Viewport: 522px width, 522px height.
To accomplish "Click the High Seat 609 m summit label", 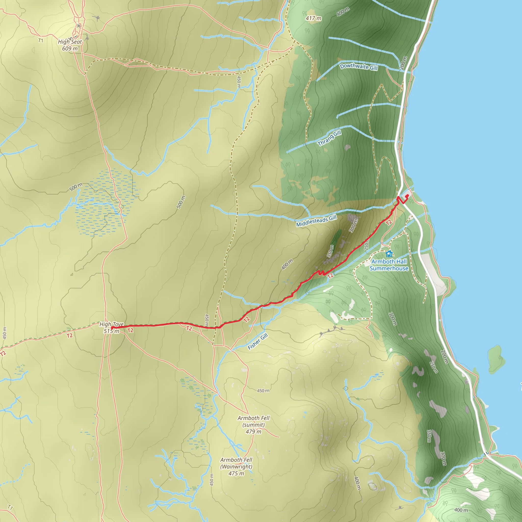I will coord(70,45).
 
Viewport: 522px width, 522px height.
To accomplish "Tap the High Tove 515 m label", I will coord(111,328).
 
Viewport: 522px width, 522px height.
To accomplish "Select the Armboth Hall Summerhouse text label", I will coord(389,265).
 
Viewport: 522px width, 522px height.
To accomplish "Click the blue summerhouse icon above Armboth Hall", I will coord(389,254).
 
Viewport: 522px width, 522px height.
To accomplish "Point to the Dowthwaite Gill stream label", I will coord(359,67).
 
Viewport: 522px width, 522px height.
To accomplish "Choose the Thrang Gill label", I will coord(329,138).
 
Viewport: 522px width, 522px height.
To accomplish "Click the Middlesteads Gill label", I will coord(316,221).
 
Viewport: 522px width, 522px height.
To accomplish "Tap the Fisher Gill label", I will coord(258,341).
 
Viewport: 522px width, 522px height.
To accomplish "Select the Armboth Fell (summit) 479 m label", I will coord(253,424).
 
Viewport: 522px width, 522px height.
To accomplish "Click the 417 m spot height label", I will coord(314,18).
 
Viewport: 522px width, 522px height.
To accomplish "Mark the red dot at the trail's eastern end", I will coord(407,195).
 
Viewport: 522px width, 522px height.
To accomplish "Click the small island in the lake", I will coord(496,359).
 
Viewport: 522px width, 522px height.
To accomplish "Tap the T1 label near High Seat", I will coord(41,41).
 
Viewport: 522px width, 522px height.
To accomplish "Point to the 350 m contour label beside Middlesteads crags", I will coord(330,251).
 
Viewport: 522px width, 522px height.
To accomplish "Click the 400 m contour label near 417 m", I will coord(343,12).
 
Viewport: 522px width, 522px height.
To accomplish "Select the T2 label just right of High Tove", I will coord(130,330).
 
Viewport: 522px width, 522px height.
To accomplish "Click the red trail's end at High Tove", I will coord(112,328).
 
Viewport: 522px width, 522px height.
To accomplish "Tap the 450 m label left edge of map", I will coord(5,333).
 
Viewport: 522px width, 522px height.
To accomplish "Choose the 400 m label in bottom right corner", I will coord(461,510).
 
